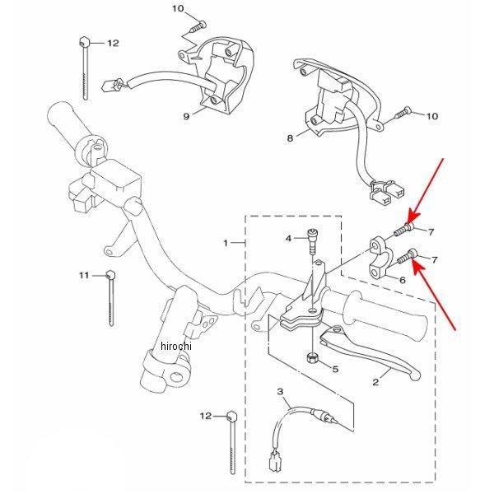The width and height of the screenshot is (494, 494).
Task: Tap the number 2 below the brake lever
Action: coord(375,381)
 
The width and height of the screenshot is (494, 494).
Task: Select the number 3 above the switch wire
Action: coord(280,391)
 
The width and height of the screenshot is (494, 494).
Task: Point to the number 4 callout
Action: coord(289,239)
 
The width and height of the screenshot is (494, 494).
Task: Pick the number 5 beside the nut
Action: coord(335,367)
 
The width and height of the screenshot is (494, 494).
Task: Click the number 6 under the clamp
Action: coord(403,280)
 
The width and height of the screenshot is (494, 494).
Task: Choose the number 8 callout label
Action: coord(290,138)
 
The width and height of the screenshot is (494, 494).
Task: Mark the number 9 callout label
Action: coord(186,116)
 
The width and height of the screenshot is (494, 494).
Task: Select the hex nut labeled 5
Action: coord(313,357)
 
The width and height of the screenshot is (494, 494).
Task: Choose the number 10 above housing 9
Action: coord(179,8)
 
